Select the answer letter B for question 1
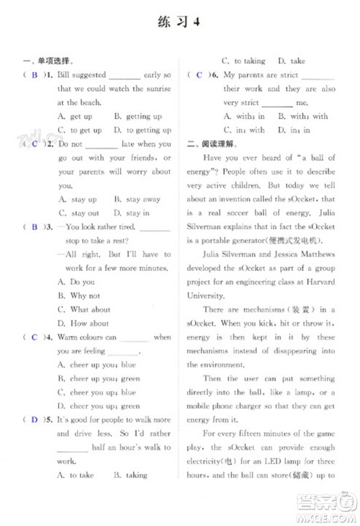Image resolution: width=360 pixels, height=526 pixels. pyautogui.click(x=34, y=75)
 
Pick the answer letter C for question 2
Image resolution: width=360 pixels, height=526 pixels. pyautogui.click(x=34, y=144)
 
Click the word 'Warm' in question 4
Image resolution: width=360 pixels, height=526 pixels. pyautogui.click(x=68, y=337)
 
